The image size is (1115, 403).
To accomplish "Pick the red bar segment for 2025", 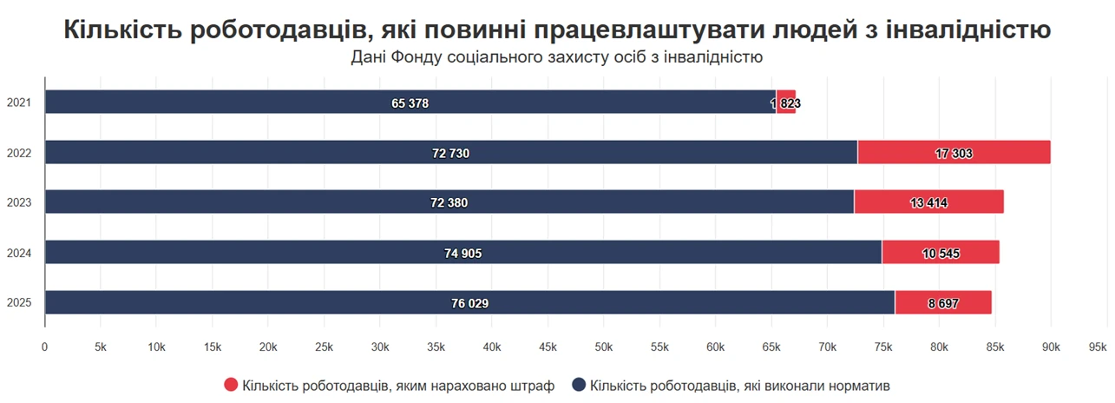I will click(943, 303).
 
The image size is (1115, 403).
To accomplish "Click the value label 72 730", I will click(451, 153).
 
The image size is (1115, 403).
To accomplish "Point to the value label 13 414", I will click(929, 203).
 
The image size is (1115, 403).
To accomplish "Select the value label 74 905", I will click(463, 254).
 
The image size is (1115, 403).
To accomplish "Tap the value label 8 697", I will click(944, 304).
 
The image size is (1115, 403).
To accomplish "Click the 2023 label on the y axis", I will click(19, 203).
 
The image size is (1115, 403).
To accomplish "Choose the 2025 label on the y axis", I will click(19, 303).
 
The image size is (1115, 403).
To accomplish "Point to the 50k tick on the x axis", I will click(604, 347).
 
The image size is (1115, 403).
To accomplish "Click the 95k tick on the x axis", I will click(1098, 347).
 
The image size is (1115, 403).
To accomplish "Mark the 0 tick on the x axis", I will click(45, 347).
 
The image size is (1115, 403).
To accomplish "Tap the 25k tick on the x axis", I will click(325, 347).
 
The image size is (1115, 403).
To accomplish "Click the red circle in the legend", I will click(231, 385).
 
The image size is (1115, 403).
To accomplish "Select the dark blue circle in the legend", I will click(578, 385).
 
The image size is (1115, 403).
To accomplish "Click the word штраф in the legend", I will click(534, 385).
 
